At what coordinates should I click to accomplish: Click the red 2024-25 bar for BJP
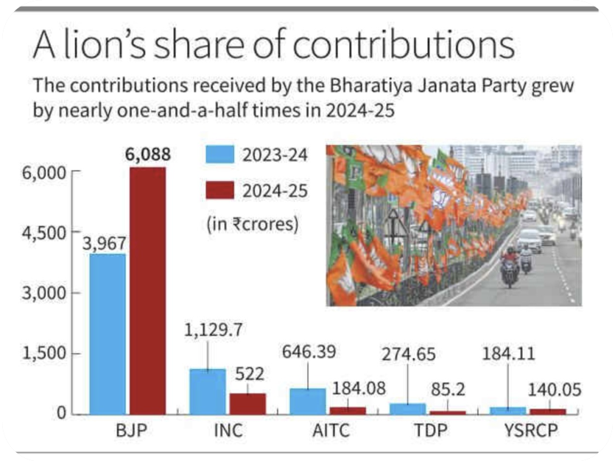point(148,290)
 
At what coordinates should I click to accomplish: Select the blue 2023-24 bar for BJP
point(108,333)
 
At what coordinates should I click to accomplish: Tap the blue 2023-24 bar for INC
point(207,390)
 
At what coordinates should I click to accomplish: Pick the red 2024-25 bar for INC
point(247,403)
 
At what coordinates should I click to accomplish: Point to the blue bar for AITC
point(307,400)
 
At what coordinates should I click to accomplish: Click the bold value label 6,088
point(148,155)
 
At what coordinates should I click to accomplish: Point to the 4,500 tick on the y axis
point(48,233)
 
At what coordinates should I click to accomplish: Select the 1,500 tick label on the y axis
point(48,353)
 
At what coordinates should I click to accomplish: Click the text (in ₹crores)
point(252,225)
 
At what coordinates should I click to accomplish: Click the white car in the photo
point(530,240)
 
